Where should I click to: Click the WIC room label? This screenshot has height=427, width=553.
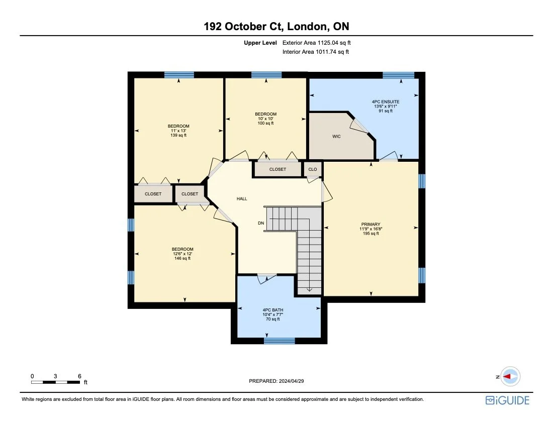(x=337, y=136)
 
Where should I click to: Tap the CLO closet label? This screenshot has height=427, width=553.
(x=313, y=169)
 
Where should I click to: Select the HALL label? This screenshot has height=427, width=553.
(x=242, y=199)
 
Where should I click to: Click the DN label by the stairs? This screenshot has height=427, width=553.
(x=261, y=223)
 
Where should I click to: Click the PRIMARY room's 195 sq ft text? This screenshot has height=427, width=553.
(x=371, y=234)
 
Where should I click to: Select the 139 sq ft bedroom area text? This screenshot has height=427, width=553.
(x=178, y=136)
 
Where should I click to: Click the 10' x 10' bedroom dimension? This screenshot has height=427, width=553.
(x=265, y=119)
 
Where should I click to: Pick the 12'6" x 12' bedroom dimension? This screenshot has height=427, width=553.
(x=182, y=254)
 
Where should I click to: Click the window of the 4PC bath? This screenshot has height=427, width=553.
(x=280, y=341)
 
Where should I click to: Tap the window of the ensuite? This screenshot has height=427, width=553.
(x=398, y=75)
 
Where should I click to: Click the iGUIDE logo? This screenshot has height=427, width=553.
(x=507, y=400)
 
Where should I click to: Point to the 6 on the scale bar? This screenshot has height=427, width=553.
(x=79, y=376)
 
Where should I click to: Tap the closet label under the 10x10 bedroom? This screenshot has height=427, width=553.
(x=278, y=169)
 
